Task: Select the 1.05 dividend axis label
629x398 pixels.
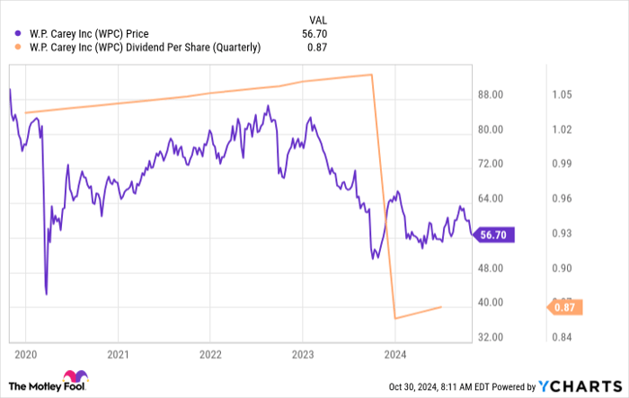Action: coord(563,94)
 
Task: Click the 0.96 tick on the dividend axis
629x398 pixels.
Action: coord(563,199)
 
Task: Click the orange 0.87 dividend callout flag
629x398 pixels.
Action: coord(564,307)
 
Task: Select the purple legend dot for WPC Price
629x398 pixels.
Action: coord(19,33)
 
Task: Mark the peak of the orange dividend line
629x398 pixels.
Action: coord(371,75)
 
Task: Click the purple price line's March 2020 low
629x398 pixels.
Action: coord(46,293)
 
